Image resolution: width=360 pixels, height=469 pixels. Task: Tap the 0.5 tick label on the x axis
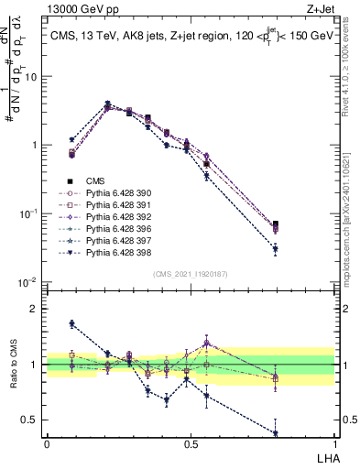190,443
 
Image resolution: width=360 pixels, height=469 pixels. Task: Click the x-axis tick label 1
333,443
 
